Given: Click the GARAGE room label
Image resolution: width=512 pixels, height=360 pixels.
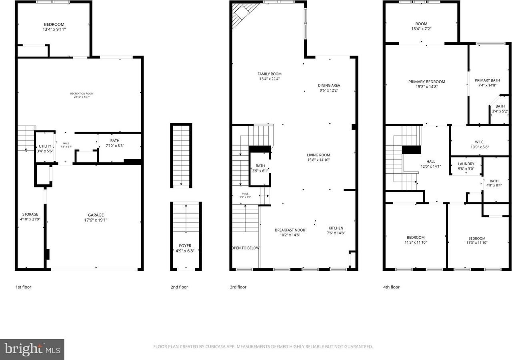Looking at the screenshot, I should pyautogui.click(x=96, y=214).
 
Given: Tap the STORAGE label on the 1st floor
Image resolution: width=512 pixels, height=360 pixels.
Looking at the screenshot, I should pyautogui.click(x=30, y=214).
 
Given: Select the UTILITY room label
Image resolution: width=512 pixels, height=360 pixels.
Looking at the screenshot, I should pyautogui.click(x=45, y=146).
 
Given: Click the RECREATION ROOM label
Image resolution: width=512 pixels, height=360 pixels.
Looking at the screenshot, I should pyautogui.click(x=79, y=94).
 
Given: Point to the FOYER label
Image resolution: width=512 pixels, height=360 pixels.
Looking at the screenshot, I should pyautogui.click(x=185, y=246).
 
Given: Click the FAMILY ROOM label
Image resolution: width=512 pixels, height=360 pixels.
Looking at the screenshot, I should pyautogui.click(x=269, y=74).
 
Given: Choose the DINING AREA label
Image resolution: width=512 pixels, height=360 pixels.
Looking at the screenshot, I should pyautogui.click(x=329, y=85).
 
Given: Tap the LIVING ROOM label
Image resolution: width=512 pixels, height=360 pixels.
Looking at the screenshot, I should pyautogui.click(x=318, y=155).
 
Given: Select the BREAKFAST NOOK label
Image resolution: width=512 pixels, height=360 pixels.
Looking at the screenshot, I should pyautogui.click(x=290, y=230).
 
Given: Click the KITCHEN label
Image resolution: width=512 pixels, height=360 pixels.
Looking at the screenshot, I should pyautogui.click(x=336, y=228).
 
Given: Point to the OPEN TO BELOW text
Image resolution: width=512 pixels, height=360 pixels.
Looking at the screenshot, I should pyautogui.click(x=246, y=248).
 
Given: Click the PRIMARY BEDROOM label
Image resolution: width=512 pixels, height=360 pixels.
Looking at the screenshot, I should pyautogui.click(x=426, y=82).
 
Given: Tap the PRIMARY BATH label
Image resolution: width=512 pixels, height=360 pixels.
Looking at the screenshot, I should pyautogui.click(x=487, y=80).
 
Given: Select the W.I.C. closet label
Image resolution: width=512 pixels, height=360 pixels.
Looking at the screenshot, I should pyautogui.click(x=480, y=142).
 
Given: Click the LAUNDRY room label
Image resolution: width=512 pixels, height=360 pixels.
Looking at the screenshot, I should pyautogui.click(x=466, y=164).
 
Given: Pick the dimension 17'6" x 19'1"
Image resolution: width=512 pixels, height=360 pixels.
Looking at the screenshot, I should pyautogui.click(x=96, y=220).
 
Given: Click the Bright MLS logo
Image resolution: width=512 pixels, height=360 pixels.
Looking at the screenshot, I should pyautogui.click(x=32, y=349).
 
